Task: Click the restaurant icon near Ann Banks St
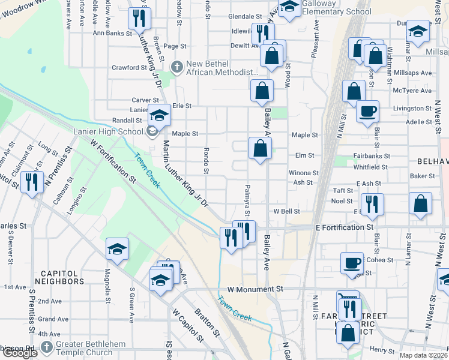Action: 140,19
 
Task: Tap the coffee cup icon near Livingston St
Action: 367,112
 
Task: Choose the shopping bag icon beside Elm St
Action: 260,148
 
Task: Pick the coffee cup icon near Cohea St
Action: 352,263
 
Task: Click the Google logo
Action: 20,352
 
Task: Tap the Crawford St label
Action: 129,68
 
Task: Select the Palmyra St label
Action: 247,201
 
